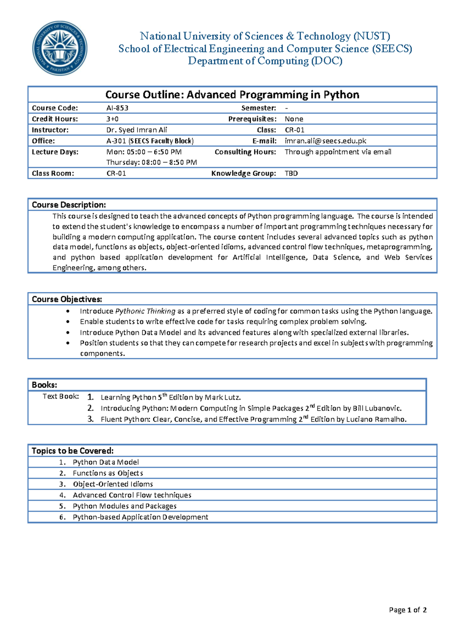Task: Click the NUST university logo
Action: (60, 48)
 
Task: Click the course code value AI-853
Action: (117, 108)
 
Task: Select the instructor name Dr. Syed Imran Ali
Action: (137, 130)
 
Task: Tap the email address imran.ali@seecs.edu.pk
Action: (325, 141)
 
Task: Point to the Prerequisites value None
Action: (294, 119)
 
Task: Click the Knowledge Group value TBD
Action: (291, 173)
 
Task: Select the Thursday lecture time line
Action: (151, 162)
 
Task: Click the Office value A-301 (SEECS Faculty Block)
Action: (150, 141)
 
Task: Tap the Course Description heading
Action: (68, 205)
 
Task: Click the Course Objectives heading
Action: (67, 299)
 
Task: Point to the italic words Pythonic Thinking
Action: (145, 311)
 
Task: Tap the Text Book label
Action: (61, 396)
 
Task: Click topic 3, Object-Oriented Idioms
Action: (113, 484)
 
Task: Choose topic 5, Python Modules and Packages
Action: (124, 506)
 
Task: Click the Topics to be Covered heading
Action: (72, 450)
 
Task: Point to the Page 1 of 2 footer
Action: (407, 609)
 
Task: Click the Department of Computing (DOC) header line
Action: (265, 61)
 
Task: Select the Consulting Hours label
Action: (245, 152)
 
